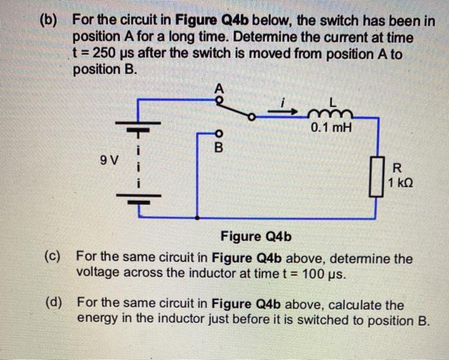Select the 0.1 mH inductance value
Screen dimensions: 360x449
tap(331, 128)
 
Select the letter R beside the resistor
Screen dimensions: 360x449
tap(396, 169)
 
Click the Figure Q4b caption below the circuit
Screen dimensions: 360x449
tap(257, 237)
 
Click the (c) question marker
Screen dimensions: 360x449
tap(53, 257)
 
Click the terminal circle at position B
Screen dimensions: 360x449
tap(217, 135)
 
